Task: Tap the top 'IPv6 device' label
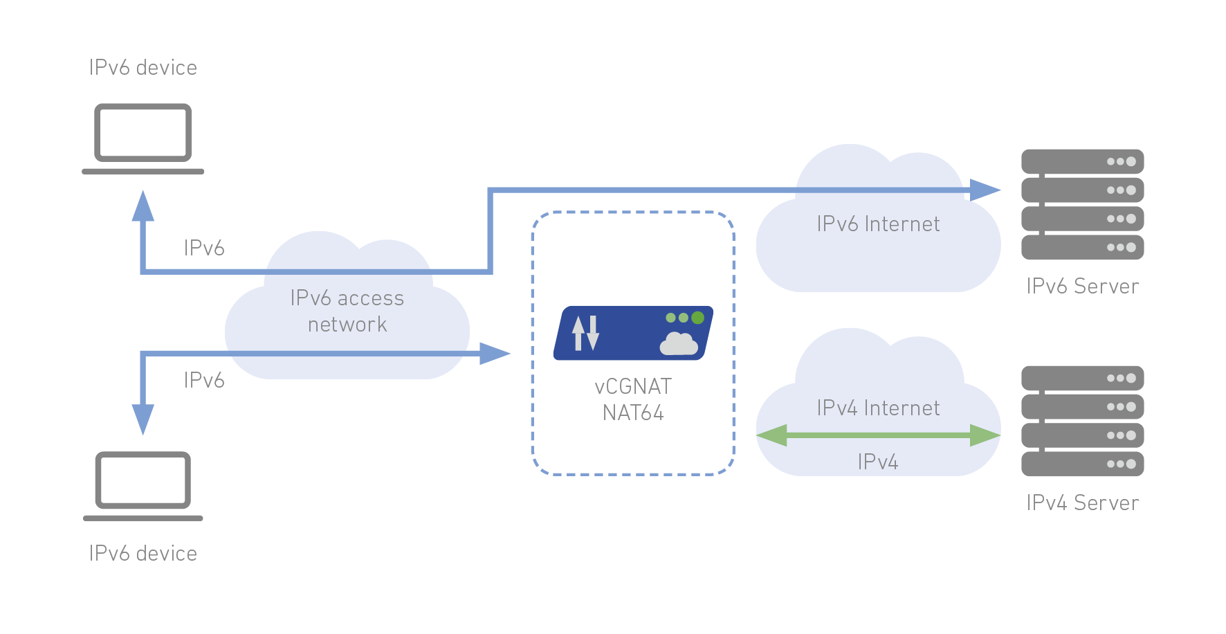tap(143, 68)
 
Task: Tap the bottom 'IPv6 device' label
tap(143, 554)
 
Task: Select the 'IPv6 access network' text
tap(347, 311)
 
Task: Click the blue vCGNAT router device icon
tap(632, 333)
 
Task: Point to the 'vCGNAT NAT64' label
tap(632, 399)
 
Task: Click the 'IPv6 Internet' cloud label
tap(877, 224)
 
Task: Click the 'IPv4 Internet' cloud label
tap(877, 408)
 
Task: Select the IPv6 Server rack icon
tap(1081, 204)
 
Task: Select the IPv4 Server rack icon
tap(1081, 421)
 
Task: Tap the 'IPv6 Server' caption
tap(1081, 287)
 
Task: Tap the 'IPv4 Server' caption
tap(1081, 503)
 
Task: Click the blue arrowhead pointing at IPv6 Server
tap(985, 190)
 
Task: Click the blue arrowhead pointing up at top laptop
tap(143, 206)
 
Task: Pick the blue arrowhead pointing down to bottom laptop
tap(143, 419)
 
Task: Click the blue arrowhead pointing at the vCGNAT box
tap(495, 353)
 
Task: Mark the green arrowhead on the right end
tap(985, 435)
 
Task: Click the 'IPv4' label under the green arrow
tap(877, 462)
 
